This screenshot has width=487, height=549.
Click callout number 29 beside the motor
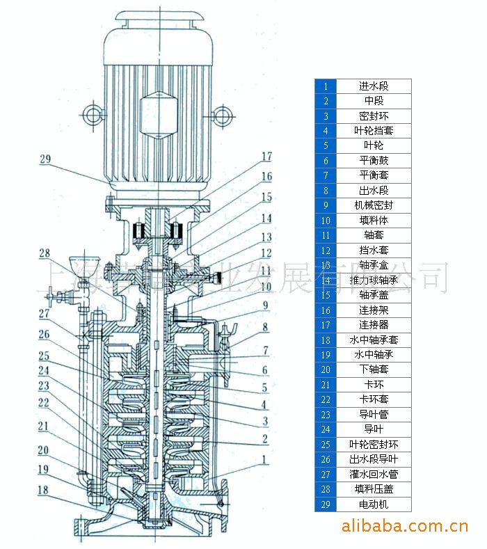[45, 159]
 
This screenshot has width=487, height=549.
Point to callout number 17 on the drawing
[266, 156]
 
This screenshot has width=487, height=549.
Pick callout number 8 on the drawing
[265, 326]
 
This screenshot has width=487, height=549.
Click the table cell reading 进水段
[374, 86]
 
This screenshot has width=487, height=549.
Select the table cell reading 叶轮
[374, 146]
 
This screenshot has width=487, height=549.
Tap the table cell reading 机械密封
[374, 206]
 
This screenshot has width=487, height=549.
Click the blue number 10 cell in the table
[326, 221]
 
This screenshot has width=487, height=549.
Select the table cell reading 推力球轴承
[374, 280]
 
